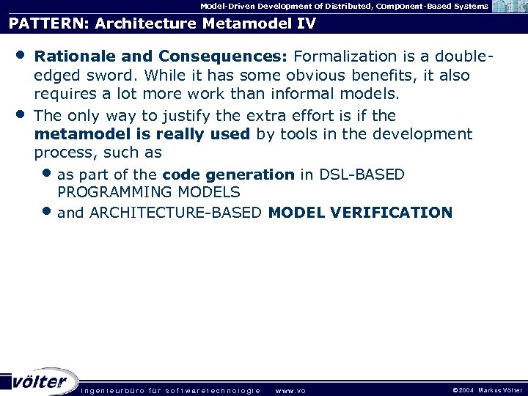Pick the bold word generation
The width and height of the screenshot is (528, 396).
pos(254,175)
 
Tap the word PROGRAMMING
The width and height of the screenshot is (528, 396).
pos(109,192)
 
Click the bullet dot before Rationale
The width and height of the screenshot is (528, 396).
pos(22,55)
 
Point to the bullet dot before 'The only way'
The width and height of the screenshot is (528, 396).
pos(22,114)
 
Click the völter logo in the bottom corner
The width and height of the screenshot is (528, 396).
pos(40,381)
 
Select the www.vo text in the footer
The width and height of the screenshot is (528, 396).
pos(290,390)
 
